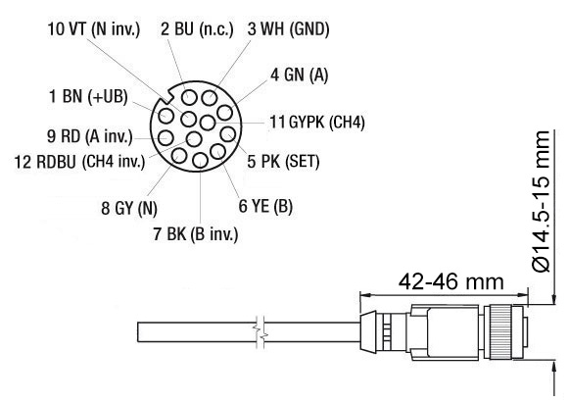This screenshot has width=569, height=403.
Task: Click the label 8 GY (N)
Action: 128,208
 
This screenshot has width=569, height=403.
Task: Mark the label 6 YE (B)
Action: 265,207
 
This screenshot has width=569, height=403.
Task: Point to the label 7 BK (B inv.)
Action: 194,233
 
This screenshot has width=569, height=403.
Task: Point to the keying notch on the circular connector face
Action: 167,98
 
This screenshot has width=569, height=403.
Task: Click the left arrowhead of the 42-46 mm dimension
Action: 365,293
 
